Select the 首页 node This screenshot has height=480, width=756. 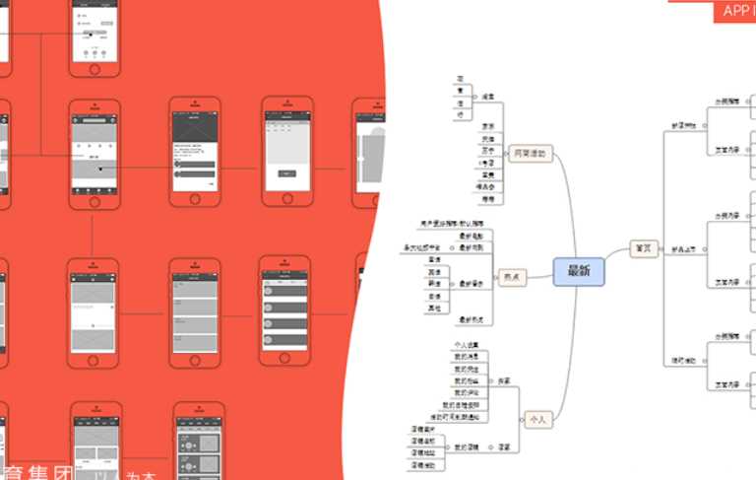[x=644, y=249]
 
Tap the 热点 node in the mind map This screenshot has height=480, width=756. [x=512, y=278]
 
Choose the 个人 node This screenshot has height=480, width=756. [x=537, y=418]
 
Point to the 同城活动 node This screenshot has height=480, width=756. [x=530, y=154]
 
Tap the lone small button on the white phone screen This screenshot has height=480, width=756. [x=286, y=173]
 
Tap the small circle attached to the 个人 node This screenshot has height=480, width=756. [x=522, y=418]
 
